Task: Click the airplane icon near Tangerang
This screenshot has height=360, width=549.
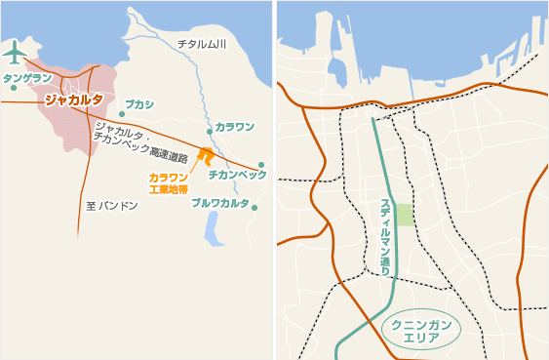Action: [x=15, y=50]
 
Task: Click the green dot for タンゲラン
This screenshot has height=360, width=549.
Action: [x=14, y=88]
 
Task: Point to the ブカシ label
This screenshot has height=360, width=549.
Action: [x=139, y=102]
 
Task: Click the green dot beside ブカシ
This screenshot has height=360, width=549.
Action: [x=122, y=113]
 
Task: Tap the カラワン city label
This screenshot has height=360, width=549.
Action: [x=234, y=127]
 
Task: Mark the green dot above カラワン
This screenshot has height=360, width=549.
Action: [x=209, y=131]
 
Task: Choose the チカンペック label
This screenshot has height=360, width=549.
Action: [x=237, y=174]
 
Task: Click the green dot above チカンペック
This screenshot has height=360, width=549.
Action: [x=261, y=165]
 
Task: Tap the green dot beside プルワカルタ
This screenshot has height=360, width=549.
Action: [x=255, y=207]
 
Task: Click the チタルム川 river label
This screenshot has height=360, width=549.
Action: [x=202, y=45]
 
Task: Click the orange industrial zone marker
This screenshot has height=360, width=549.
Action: [x=205, y=155]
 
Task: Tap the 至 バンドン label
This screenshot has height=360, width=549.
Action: [x=112, y=206]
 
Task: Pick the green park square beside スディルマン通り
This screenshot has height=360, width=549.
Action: [x=405, y=216]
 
